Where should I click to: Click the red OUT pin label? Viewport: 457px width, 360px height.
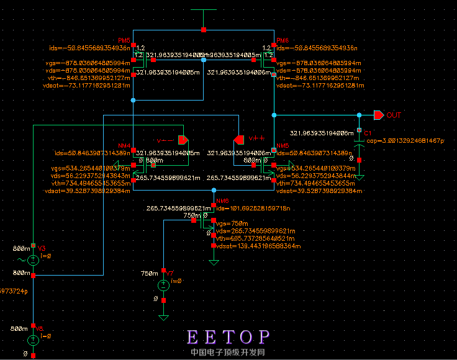tap(394, 115)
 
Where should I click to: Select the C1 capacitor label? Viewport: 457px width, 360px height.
tap(368, 133)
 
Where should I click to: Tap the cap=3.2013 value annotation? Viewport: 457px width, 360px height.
tap(405, 141)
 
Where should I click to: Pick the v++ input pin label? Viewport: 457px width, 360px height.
tap(257, 138)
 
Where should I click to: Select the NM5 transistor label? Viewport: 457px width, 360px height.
tap(283, 145)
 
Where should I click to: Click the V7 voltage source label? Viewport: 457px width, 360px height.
tap(170, 273)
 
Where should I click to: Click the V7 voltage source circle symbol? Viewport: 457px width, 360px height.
tap(163, 285)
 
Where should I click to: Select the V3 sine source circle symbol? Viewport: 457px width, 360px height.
tap(33, 259)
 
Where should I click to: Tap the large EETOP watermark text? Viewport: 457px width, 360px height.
tap(228, 337)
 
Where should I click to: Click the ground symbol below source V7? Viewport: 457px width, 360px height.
tap(163, 318)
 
